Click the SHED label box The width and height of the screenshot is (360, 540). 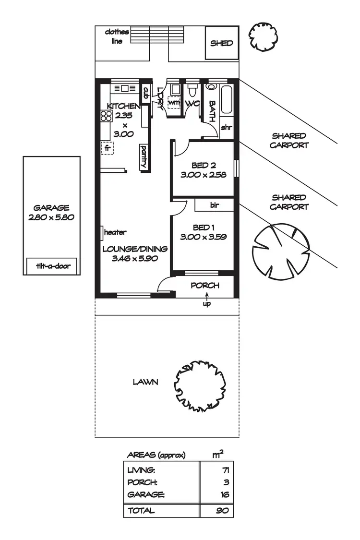pos(222,43)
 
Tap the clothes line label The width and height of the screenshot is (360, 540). pos(117,36)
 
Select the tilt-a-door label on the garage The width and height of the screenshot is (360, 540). pos(52,266)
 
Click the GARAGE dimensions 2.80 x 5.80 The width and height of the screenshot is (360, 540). pos(51,217)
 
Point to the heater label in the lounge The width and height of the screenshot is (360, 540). pos(115,232)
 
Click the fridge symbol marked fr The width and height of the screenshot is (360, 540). pos(108,148)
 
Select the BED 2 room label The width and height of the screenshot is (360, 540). pos(203,166)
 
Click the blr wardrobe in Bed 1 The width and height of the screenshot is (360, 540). pos(214,205)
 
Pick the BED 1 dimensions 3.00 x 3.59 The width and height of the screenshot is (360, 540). pos(203,237)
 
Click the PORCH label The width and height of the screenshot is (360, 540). pos(205,286)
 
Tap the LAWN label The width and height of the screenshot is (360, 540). pos(145,382)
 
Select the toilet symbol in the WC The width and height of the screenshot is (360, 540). pos(192,90)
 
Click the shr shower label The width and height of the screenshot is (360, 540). pos(227,128)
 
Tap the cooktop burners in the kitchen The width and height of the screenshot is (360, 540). pos(106,116)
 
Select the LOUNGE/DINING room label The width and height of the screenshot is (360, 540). pos(135,249)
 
